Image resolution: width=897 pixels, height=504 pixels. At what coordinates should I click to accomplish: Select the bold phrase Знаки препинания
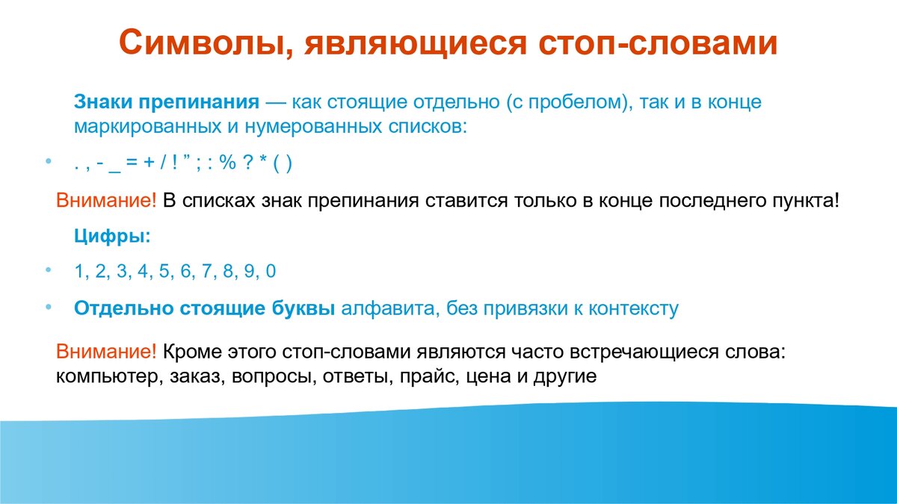pos(167,102)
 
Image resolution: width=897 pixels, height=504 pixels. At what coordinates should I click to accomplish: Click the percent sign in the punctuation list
pos(227,163)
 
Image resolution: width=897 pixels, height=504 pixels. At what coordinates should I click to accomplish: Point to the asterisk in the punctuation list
pos(262,160)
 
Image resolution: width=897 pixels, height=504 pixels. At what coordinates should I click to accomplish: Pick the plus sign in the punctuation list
pos(149,164)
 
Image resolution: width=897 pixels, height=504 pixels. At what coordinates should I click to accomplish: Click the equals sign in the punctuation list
pos(132,164)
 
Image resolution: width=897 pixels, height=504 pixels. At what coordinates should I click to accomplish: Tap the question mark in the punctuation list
pos(247,163)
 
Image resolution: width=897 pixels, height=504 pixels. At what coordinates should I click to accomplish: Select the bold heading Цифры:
pos(113,237)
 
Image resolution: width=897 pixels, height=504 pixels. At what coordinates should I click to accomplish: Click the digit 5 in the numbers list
pos(164,271)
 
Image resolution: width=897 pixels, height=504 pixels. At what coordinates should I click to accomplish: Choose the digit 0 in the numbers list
pos(271,271)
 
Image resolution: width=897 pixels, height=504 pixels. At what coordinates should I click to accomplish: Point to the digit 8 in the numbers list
pos(228,271)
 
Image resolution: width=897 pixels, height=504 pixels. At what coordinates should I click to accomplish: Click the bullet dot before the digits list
pos(49,270)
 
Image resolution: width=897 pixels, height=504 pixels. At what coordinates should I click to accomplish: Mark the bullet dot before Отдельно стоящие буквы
pos(49,307)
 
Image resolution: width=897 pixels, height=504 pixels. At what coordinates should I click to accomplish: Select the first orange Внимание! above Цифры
pos(105,201)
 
